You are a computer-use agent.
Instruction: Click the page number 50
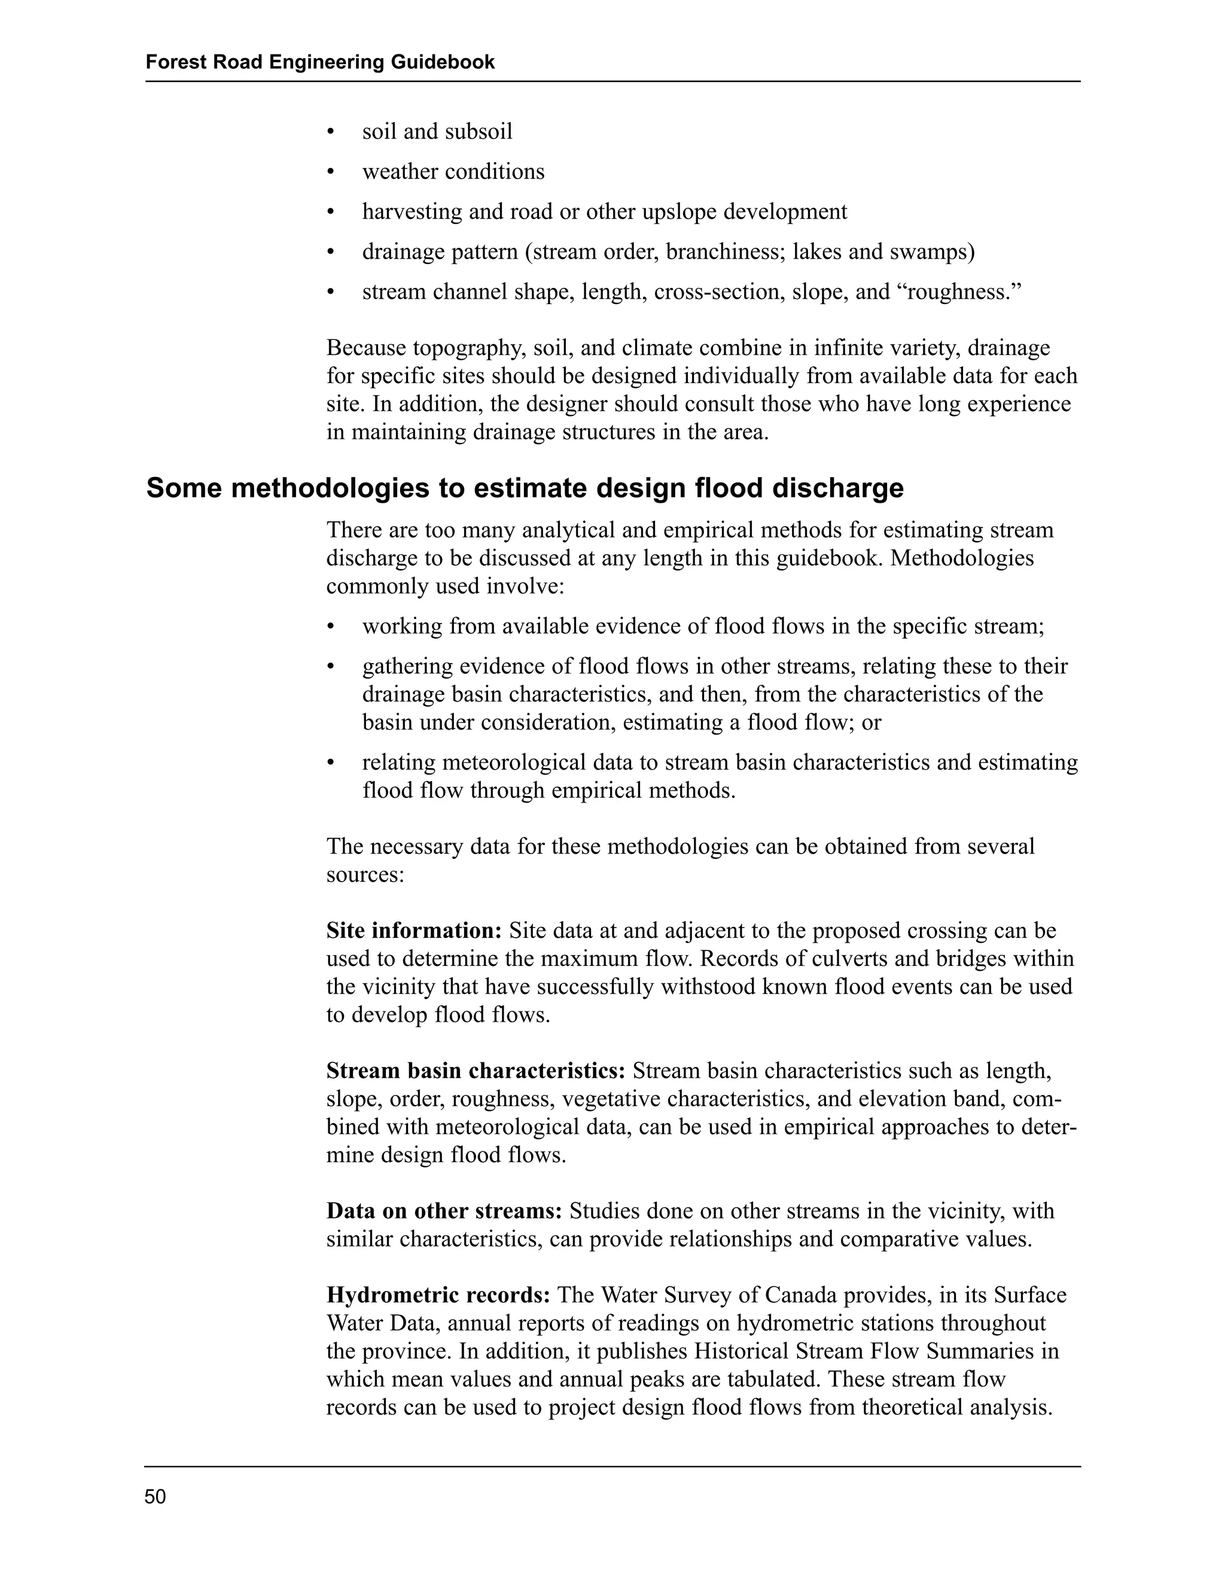click(x=156, y=1497)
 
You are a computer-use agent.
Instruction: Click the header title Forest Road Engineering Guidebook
click(x=320, y=62)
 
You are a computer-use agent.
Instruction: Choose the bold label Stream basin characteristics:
click(x=476, y=1071)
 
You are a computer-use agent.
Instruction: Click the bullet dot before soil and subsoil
click(x=331, y=132)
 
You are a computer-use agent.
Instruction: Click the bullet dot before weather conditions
click(x=331, y=172)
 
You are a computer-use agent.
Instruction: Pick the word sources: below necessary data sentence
click(x=365, y=874)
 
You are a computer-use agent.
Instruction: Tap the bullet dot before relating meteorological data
click(x=331, y=763)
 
